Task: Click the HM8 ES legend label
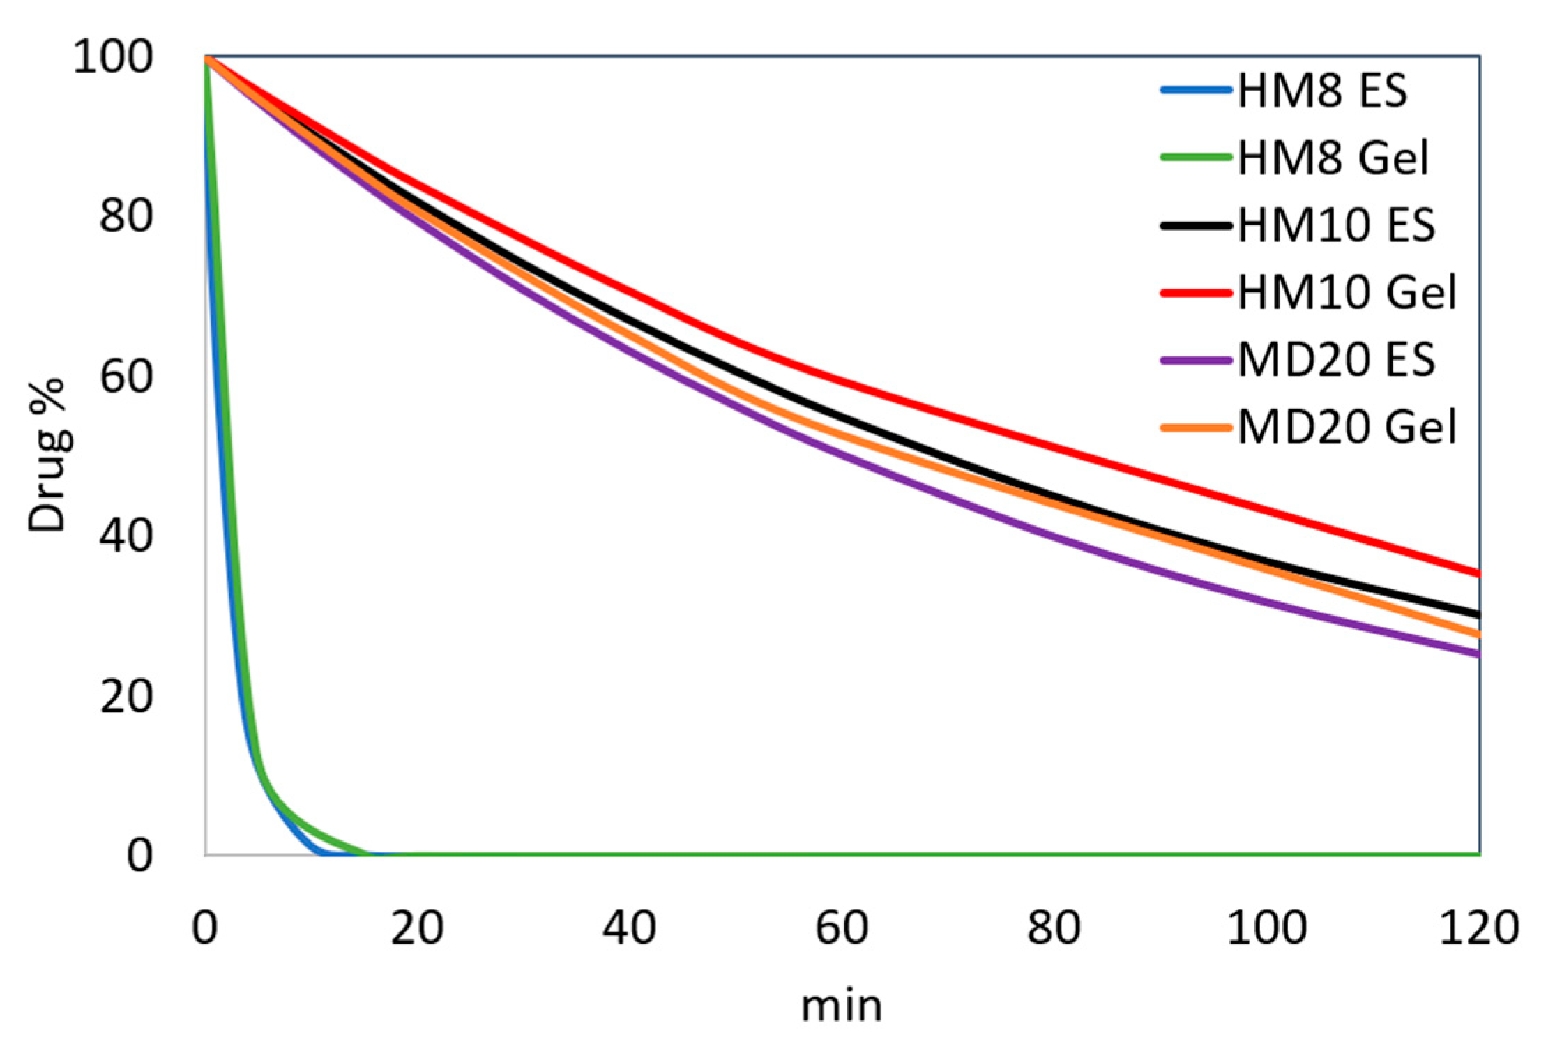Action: [1321, 91]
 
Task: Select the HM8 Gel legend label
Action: [1333, 158]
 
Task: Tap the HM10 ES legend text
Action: [1335, 225]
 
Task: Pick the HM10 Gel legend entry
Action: [1347, 292]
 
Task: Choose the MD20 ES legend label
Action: [1335, 359]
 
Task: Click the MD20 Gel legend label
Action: [1347, 426]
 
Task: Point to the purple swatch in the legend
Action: [1195, 361]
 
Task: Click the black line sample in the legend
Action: [1195, 225]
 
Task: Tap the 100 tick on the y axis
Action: [113, 57]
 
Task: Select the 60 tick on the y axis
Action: [126, 377]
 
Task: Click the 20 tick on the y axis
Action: [126, 696]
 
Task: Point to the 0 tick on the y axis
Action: [139, 856]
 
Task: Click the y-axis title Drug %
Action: [47, 457]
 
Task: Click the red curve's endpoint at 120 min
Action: [1477, 573]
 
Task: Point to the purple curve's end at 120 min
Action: [1477, 654]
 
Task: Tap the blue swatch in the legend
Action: [1195, 91]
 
